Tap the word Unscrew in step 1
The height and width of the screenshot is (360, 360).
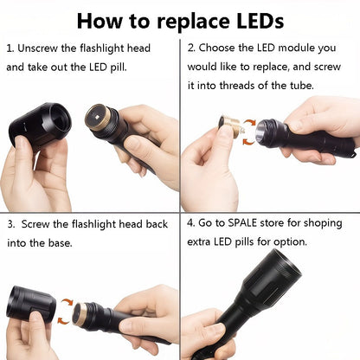pos(40,48)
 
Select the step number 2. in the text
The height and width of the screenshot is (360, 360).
pos(192,48)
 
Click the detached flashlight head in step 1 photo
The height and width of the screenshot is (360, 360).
pos(39,126)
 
